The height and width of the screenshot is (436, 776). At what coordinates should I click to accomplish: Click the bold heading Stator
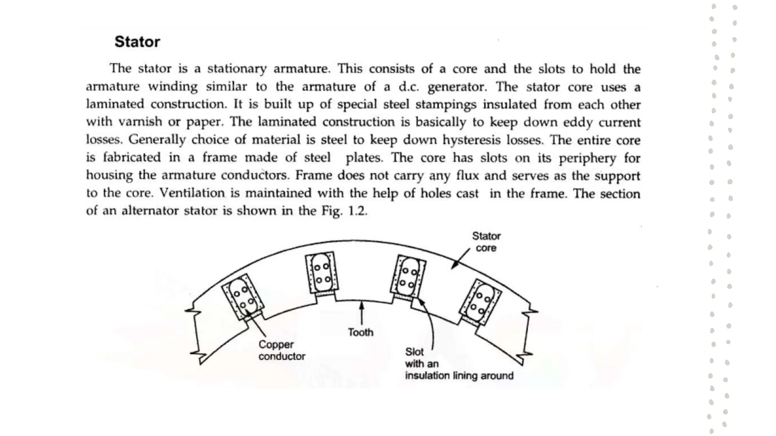coord(137,42)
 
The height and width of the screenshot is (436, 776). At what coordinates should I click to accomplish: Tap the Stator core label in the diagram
coord(486,242)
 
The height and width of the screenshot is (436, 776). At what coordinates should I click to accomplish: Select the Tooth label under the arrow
coord(360,332)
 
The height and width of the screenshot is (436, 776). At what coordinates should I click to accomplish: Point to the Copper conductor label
coord(282,350)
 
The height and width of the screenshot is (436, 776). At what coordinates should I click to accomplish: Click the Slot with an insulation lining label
coord(459,364)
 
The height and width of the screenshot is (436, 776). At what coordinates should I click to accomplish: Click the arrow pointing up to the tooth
coord(362,313)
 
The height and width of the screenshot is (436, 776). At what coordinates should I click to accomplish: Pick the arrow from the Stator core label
coord(461,259)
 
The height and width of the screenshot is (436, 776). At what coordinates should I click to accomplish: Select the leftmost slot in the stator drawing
coord(242,297)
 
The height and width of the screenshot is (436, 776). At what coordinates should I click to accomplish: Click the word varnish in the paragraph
coord(140,122)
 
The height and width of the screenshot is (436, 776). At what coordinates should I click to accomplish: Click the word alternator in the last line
coord(150,211)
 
